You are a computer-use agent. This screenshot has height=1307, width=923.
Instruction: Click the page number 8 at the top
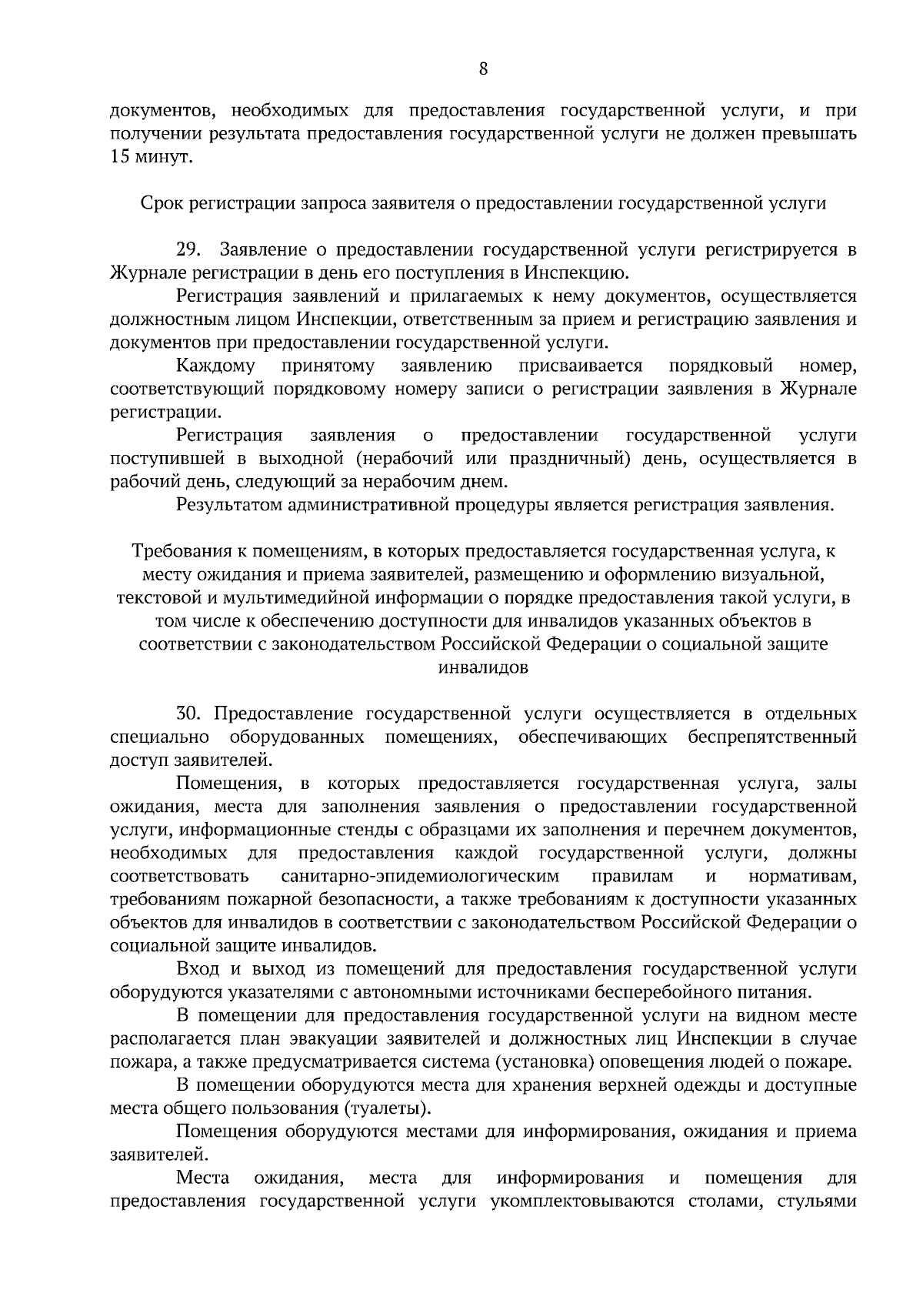click(483, 69)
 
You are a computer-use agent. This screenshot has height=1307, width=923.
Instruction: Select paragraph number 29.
click(188, 250)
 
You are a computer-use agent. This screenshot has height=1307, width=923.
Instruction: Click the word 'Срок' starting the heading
click(158, 204)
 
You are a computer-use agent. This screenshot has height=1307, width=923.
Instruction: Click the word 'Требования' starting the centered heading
click(178, 551)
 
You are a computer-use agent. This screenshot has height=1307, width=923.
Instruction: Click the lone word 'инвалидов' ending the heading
click(483, 667)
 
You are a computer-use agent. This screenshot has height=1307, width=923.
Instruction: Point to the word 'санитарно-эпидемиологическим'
click(420, 877)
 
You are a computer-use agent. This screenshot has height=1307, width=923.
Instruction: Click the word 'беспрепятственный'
click(772, 737)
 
